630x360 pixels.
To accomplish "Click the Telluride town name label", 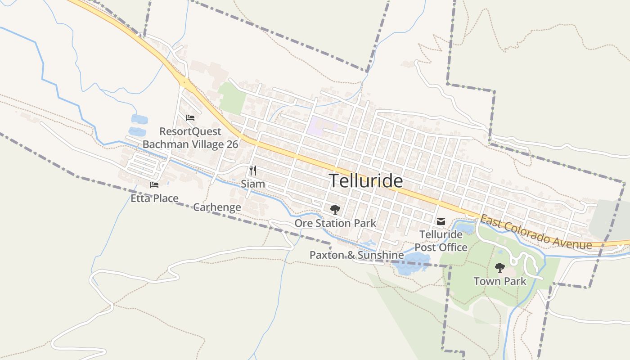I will [x=366, y=180].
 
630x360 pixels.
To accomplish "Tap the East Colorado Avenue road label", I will [x=535, y=232].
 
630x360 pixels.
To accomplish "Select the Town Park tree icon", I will [x=499, y=268].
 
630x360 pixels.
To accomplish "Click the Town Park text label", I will [x=499, y=282].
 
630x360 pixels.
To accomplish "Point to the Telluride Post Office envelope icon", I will [x=441, y=221].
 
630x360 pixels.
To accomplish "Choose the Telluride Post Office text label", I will [x=441, y=241].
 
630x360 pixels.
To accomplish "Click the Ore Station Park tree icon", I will [x=335, y=209].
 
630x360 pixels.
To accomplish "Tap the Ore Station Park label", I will [x=335, y=223].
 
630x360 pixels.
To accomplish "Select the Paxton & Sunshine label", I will [x=356, y=255].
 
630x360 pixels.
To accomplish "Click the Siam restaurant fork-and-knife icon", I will [x=253, y=171].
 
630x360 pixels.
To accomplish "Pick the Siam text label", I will [x=253, y=184].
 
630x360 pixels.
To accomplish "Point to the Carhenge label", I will [x=217, y=207].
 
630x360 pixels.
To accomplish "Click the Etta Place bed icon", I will [x=154, y=184].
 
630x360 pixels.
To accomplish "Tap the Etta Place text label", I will [x=154, y=198].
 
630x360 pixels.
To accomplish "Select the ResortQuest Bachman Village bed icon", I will [x=190, y=118].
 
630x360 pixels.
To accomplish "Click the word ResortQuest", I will [x=190, y=131].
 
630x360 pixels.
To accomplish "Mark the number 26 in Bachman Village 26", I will [x=232, y=144].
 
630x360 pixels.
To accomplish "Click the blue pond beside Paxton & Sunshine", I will [x=412, y=263].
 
